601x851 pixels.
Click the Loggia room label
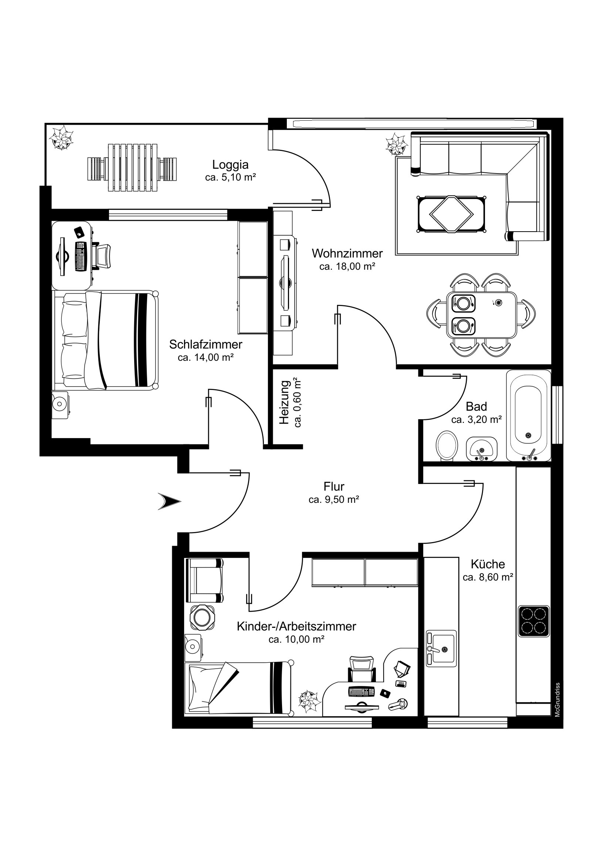230,164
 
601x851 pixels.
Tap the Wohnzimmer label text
347,253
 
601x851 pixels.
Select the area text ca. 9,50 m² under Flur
334,499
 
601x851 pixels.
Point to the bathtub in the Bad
528,415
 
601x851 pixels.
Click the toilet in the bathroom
446,445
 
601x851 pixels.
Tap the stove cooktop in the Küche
534,621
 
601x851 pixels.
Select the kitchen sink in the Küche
441,648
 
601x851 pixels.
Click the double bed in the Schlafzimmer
106,340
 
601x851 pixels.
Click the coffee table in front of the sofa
451,214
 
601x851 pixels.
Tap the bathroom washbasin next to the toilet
481,449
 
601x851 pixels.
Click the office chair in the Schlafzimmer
102,256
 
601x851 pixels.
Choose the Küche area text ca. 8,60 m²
488,577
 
